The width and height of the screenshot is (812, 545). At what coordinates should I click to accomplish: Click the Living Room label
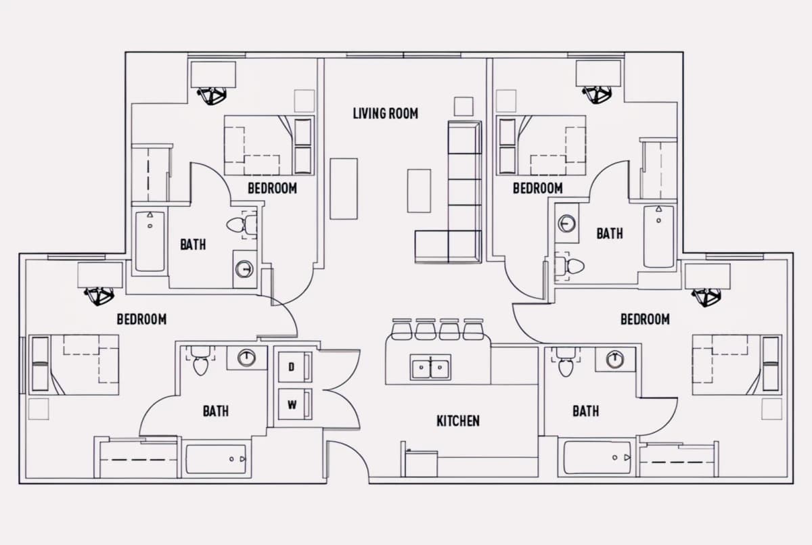click(x=385, y=114)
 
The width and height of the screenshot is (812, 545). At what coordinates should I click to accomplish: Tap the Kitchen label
click(x=458, y=421)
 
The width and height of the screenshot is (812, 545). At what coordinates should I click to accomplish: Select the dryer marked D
click(x=295, y=367)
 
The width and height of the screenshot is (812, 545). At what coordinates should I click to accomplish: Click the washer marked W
click(x=295, y=404)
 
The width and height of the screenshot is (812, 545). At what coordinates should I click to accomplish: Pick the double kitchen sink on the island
click(x=430, y=367)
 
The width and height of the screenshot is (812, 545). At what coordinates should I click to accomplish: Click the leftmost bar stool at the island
click(x=401, y=329)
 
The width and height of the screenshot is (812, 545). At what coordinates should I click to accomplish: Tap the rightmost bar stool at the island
click(x=474, y=329)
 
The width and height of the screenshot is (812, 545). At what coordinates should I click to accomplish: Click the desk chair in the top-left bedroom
click(x=212, y=95)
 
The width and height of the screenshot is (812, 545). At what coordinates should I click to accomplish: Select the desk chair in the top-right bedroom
click(x=597, y=94)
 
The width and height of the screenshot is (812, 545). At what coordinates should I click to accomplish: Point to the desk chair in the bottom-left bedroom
click(x=99, y=296)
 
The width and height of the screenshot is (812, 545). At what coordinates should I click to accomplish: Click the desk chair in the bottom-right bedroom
click(x=706, y=298)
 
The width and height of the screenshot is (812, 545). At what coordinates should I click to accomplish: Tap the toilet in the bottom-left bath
click(x=200, y=361)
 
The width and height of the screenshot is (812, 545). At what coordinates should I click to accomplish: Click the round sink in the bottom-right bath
click(x=615, y=359)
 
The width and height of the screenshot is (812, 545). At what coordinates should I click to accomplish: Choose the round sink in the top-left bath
click(x=244, y=268)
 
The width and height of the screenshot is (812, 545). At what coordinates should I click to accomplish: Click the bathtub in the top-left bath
click(x=150, y=241)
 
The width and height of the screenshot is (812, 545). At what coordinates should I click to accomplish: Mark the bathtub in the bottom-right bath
click(x=597, y=457)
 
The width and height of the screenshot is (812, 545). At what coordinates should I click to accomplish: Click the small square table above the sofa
click(x=464, y=106)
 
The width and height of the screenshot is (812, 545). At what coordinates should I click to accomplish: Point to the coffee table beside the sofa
click(x=419, y=191)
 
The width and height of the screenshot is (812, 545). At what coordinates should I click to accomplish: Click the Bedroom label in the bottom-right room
click(x=646, y=319)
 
